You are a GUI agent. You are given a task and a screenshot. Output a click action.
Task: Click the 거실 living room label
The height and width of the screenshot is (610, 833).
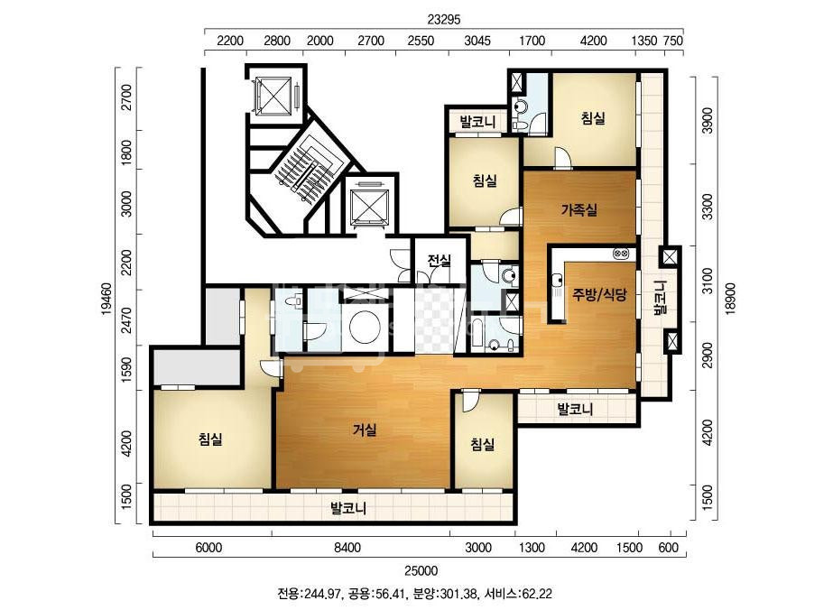(365, 430)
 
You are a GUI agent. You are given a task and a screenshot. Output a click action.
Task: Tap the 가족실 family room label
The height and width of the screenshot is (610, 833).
(579, 210)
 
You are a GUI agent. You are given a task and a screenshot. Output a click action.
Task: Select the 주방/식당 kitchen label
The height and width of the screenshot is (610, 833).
(599, 294)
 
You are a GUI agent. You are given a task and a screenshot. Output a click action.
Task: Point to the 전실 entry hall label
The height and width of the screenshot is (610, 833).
(440, 261)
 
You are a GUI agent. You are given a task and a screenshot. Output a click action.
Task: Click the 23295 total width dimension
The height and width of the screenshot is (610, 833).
(444, 20)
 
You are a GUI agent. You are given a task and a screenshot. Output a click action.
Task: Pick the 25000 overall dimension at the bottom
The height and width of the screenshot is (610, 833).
(421, 570)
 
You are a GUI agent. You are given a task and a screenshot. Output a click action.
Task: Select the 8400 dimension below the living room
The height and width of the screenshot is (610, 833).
(347, 548)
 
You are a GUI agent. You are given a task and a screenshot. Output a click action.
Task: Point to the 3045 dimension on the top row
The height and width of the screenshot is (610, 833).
(477, 41)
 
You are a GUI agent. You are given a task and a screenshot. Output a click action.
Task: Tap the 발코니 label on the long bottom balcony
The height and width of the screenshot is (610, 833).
(348, 509)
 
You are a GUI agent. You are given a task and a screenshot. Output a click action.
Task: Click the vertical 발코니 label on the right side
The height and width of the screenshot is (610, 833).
(660, 298)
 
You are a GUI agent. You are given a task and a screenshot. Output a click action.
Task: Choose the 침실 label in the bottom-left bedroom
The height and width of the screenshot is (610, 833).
(210, 439)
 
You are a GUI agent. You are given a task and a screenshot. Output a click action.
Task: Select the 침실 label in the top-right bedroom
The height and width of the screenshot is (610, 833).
(593, 117)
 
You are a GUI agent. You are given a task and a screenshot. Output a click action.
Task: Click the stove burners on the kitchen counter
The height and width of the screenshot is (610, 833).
(621, 254)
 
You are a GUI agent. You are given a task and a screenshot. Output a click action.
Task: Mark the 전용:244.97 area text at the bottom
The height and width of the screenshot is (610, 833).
(308, 594)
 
